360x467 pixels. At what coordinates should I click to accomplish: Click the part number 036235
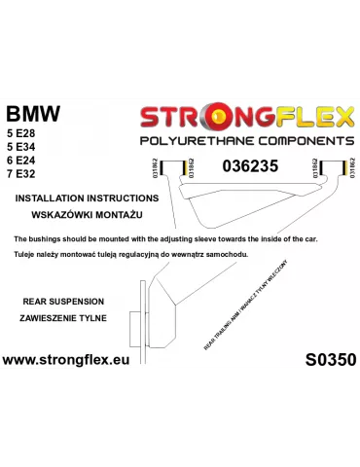pos(249,166)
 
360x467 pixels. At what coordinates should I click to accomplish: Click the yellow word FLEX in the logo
pos(308,120)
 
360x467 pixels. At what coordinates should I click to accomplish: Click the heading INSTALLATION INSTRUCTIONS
pos(81,198)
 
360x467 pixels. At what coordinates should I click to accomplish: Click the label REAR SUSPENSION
pos(56,302)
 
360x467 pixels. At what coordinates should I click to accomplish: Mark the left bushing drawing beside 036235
pos(178,167)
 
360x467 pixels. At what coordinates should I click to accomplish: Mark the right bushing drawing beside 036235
pos(331,167)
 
